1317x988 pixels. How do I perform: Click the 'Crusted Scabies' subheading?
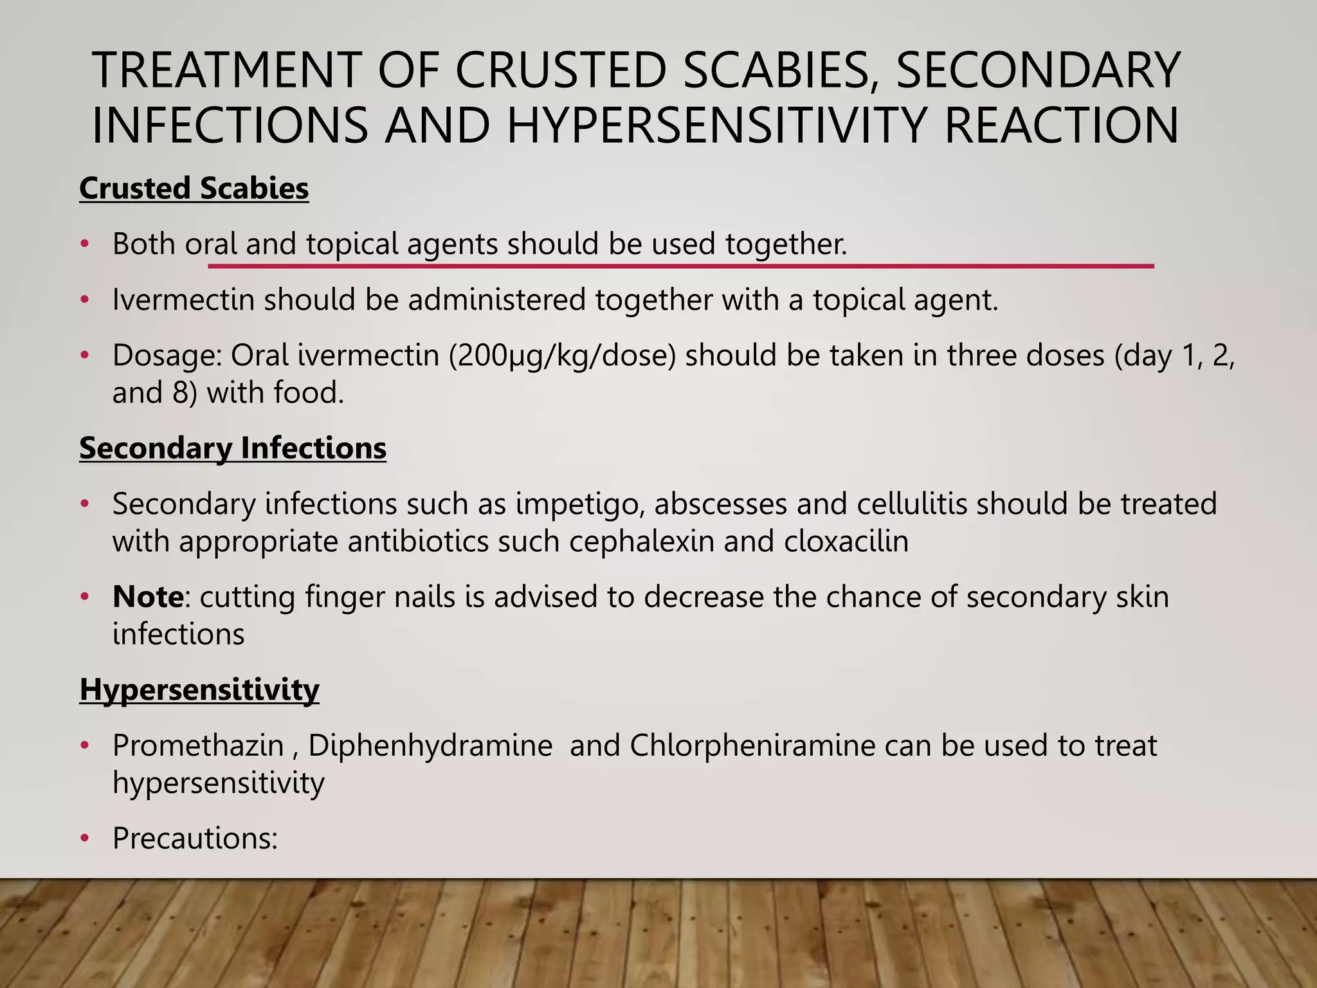point(194,188)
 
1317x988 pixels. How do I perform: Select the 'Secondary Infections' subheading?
point(233,448)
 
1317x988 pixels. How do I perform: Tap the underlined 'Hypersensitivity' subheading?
point(199,690)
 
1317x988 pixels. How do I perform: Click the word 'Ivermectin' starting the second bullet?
point(183,300)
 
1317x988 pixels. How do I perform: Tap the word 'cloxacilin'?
point(846,541)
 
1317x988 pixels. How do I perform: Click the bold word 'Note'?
point(148,597)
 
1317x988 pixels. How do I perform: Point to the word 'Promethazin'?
point(198,746)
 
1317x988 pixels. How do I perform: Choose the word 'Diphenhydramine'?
point(430,746)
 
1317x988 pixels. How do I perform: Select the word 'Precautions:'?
point(195,838)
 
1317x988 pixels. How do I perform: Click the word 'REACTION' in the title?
point(1061,125)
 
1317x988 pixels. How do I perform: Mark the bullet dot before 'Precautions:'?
point(84,839)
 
